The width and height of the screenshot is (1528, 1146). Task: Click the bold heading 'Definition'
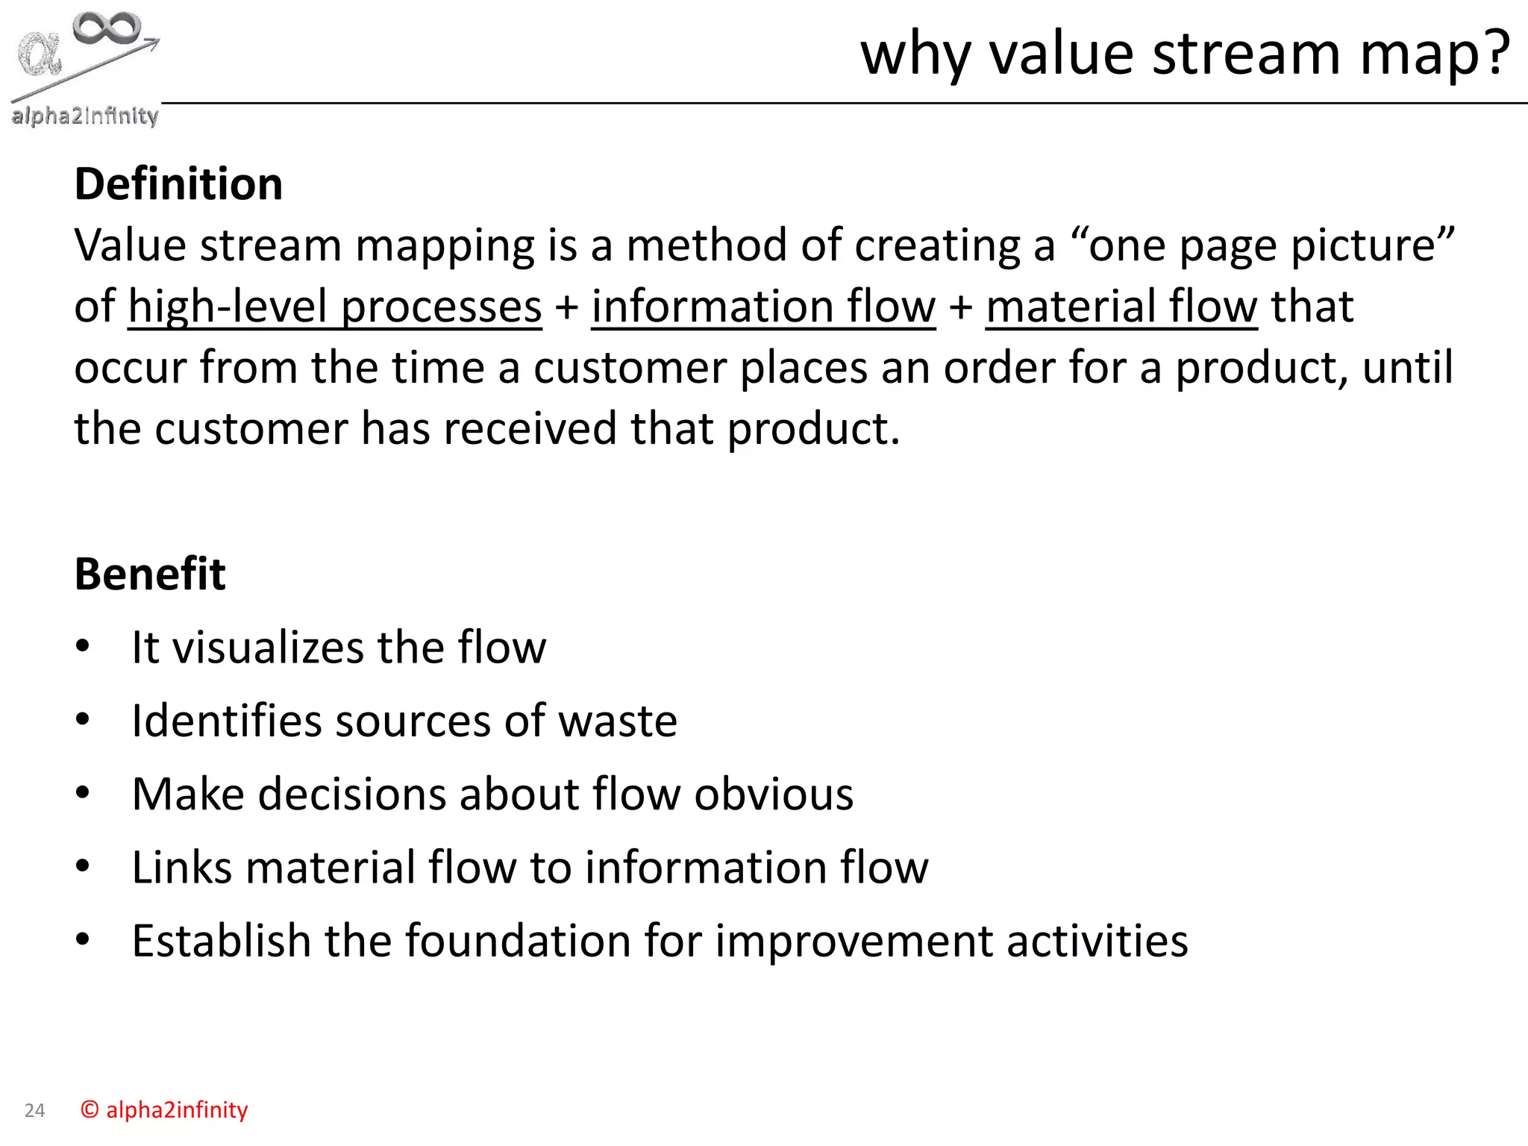coord(178,184)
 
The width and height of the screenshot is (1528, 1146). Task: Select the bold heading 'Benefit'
coord(150,574)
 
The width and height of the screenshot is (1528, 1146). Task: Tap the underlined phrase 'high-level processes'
coord(335,307)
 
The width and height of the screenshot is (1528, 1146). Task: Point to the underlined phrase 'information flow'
coord(763,307)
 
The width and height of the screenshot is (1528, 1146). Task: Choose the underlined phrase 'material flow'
coord(1121,307)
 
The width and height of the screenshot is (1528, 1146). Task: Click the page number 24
coord(34,1111)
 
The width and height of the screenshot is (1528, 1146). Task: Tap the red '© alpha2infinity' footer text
coord(164,1110)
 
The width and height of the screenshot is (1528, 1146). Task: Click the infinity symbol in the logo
coord(107,28)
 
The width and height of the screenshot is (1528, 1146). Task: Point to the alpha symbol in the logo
coord(40,54)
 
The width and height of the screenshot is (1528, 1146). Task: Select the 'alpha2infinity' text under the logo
coord(84,116)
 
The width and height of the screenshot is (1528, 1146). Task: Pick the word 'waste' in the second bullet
coord(618,721)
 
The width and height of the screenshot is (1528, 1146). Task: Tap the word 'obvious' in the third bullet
coord(774,794)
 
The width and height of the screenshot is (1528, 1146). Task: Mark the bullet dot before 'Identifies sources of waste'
coord(83,720)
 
